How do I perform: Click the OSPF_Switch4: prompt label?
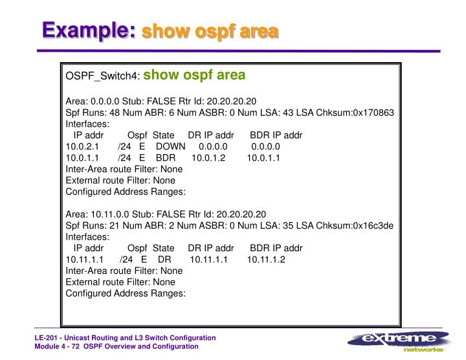click(102, 76)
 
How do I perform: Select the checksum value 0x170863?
click(371, 112)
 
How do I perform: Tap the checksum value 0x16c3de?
click(372, 224)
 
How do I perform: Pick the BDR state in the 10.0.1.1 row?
click(166, 158)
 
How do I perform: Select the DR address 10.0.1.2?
click(208, 158)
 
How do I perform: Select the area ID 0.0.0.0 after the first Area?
click(106, 101)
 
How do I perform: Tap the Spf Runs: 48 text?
click(92, 112)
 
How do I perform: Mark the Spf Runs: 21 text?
click(92, 224)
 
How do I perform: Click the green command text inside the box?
click(194, 75)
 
